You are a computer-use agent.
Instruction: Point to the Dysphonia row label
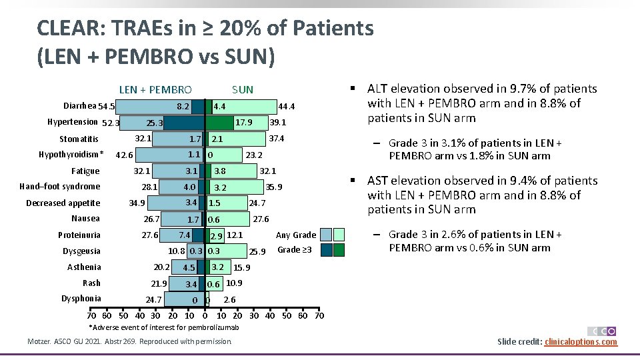point(81,299)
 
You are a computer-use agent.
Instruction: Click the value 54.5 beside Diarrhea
point(107,107)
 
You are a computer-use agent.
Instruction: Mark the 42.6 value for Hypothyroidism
point(125,156)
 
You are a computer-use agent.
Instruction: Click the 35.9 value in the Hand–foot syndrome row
point(274,187)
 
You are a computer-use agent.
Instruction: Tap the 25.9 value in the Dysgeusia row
point(257,251)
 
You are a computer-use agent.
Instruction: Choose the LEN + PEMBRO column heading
point(155,89)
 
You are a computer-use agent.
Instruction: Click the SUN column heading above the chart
point(243,89)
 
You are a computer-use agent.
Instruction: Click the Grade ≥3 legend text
point(291,250)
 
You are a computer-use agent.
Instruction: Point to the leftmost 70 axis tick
point(91,315)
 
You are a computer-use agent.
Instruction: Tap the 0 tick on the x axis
point(205,315)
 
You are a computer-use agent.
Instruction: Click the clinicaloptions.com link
point(581,342)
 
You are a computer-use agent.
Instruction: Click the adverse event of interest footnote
point(164,327)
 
